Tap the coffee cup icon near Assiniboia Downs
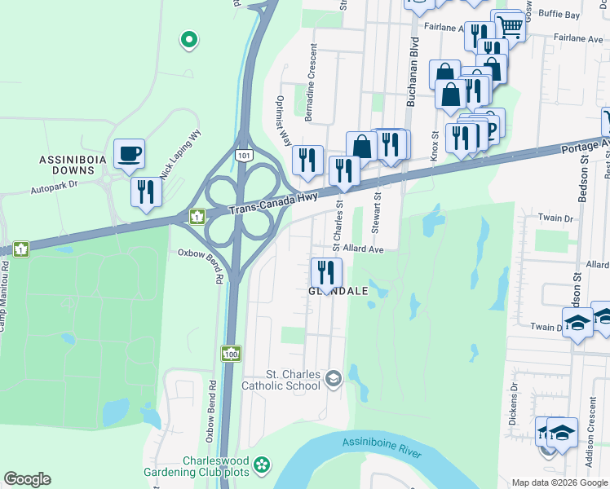[129, 153]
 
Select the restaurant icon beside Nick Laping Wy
[146, 192]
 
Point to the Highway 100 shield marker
[231, 354]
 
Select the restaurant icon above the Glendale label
[327, 271]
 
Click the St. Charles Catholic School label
[285, 380]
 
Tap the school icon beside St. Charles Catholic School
[333, 378]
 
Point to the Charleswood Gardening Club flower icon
[261, 465]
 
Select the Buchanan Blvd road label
[413, 73]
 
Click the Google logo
[28, 479]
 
